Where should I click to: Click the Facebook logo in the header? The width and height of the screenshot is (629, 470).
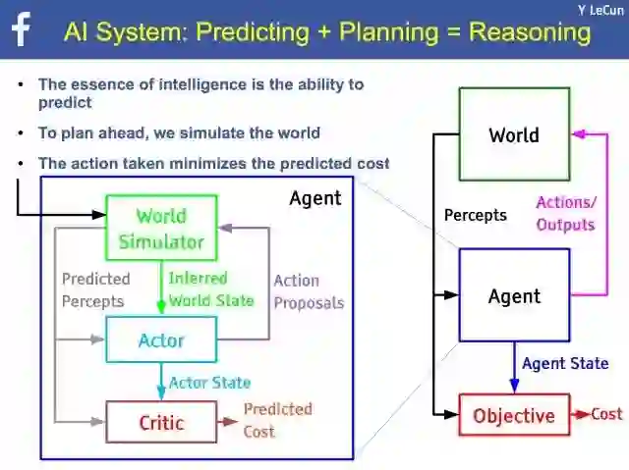(x=21, y=29)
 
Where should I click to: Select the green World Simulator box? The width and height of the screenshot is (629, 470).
(x=161, y=228)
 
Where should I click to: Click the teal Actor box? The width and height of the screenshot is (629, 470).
(x=161, y=340)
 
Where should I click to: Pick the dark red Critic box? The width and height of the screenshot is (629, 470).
(x=161, y=423)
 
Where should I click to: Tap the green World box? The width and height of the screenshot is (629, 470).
(x=514, y=134)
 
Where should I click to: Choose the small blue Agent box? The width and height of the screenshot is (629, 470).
(x=514, y=295)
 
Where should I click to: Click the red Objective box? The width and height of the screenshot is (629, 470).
(x=514, y=415)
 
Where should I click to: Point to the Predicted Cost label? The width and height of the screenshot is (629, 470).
(x=277, y=420)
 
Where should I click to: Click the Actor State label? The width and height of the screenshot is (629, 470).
(x=209, y=383)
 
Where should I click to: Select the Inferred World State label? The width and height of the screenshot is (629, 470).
(x=210, y=289)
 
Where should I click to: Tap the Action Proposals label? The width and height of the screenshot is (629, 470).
(x=309, y=291)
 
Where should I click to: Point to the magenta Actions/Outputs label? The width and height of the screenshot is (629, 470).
(x=565, y=213)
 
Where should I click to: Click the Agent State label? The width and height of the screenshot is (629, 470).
(x=565, y=363)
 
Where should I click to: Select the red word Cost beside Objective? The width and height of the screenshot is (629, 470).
(x=606, y=414)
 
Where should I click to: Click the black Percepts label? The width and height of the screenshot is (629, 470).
(x=475, y=214)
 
